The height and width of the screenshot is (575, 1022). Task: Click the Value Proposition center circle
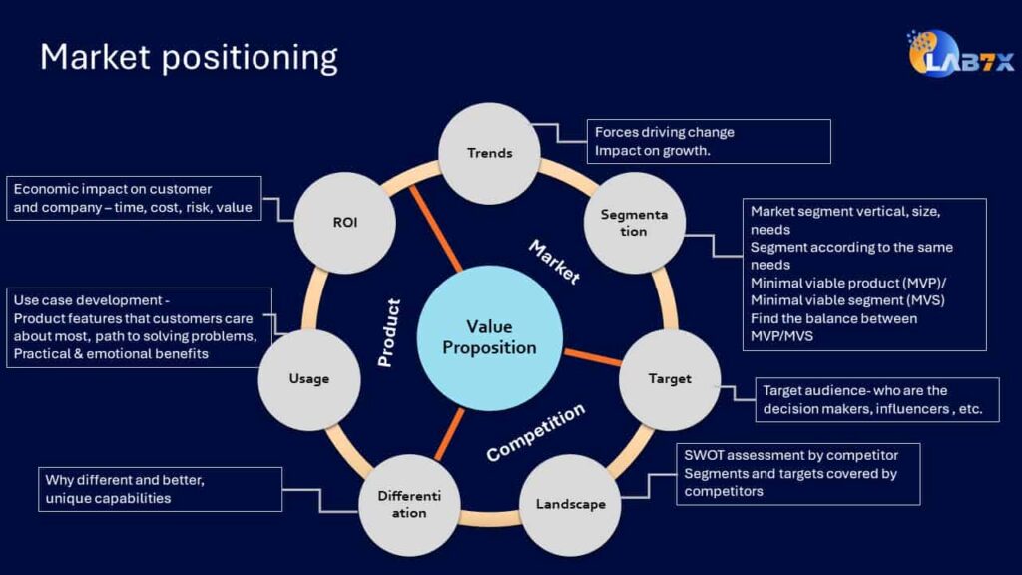489,337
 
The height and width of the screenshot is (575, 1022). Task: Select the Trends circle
489,153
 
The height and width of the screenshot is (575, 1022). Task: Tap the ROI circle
344,223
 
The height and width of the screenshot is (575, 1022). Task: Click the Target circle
669,379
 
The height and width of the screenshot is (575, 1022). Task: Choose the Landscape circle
571,504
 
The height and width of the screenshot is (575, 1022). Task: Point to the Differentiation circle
408,504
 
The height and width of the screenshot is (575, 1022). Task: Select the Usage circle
308,379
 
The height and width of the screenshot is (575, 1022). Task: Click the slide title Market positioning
189,57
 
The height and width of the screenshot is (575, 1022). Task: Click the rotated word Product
389,332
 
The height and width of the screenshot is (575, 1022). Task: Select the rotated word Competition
535,432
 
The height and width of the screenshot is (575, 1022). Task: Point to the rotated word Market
554,262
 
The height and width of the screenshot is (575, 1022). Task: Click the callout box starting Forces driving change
708,141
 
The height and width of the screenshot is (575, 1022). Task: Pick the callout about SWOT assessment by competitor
797,473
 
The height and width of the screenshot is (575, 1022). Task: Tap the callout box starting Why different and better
160,489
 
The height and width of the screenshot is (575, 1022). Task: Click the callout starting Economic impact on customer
134,198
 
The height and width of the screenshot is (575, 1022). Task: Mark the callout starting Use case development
140,327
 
